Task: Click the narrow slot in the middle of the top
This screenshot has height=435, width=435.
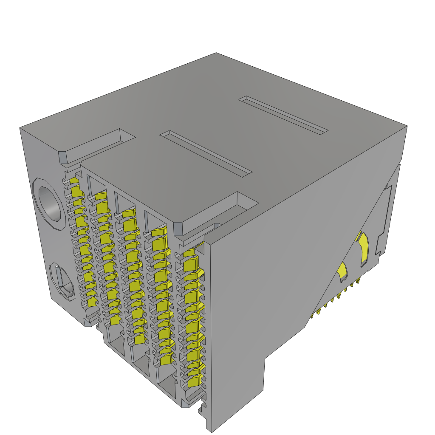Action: (206, 153)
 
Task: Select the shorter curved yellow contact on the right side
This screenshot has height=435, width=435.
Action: (342, 272)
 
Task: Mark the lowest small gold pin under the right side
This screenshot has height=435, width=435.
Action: (312, 315)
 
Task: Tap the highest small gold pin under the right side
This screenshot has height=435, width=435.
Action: (359, 280)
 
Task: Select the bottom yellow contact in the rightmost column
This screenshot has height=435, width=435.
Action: (194, 382)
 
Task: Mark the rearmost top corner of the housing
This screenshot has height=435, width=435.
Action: (216, 53)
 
